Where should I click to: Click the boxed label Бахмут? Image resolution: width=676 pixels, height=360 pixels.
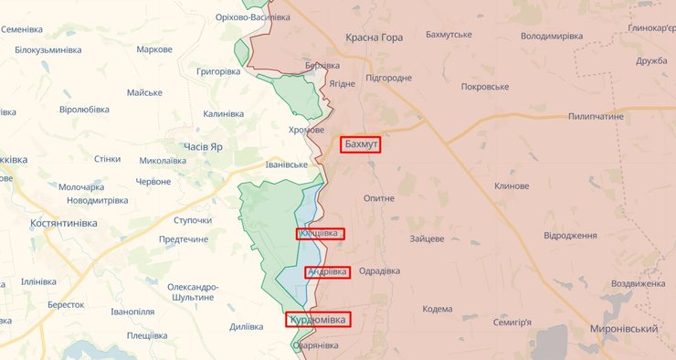361,144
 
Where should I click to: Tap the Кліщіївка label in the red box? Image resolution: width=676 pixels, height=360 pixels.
320,234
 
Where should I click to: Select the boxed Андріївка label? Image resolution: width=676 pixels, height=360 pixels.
327,272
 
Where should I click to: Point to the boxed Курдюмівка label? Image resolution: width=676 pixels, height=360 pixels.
318,320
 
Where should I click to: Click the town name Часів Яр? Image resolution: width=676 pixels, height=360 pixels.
205,146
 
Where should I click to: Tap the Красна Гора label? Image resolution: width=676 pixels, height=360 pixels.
374,37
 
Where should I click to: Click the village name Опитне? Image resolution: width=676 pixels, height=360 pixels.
378,198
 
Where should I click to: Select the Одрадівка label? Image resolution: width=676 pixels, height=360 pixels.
380,271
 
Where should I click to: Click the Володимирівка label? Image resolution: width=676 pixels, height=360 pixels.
551,36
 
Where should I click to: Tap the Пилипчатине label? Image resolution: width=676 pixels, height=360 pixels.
595,118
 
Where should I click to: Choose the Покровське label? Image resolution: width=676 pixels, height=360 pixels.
485,86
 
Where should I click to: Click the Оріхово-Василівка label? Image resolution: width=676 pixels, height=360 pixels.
253,17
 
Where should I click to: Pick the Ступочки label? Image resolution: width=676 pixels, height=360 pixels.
192,220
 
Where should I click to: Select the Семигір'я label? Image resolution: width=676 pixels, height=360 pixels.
512,323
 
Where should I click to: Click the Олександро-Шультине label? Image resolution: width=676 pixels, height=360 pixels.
192,292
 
